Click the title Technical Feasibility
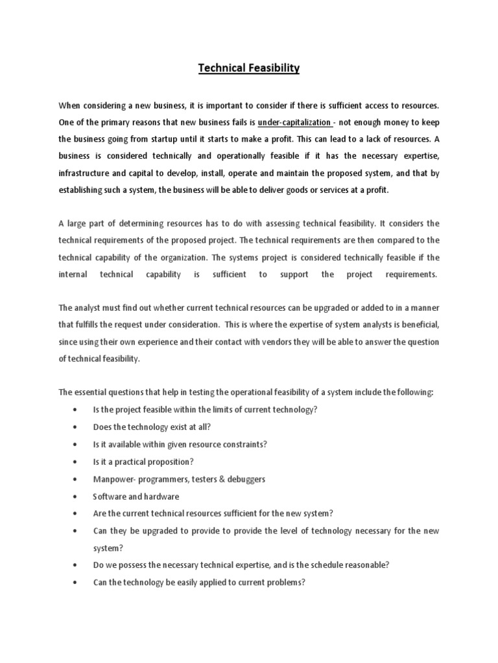[249, 68]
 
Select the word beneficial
[416, 325]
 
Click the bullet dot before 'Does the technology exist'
[77, 427]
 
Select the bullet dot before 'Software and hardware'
[77, 497]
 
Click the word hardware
[161, 497]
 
